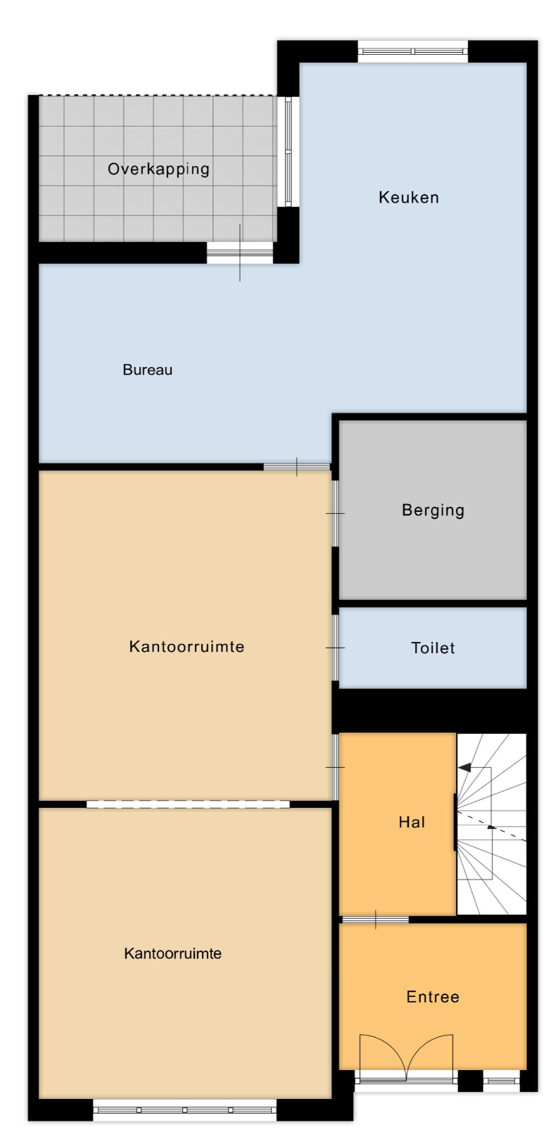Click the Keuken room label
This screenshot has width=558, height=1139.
(408, 198)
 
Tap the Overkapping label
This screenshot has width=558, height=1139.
(158, 169)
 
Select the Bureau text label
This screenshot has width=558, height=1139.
(148, 370)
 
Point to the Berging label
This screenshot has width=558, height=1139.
(433, 510)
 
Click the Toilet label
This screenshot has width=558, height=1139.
(433, 648)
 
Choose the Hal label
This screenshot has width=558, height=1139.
(412, 822)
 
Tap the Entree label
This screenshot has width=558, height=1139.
(433, 997)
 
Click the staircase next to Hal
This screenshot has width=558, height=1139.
(491, 823)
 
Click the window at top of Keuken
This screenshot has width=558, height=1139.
(412, 51)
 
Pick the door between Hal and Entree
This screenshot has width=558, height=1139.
(375, 920)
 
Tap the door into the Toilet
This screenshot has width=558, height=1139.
(335, 648)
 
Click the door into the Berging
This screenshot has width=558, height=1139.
(335, 513)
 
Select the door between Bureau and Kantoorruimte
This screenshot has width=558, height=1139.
(297, 467)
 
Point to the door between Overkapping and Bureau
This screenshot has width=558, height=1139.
(240, 252)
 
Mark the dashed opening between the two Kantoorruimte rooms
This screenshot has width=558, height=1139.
(188, 804)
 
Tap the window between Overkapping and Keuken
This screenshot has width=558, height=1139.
(288, 152)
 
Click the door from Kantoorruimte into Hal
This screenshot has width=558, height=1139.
(335, 767)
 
